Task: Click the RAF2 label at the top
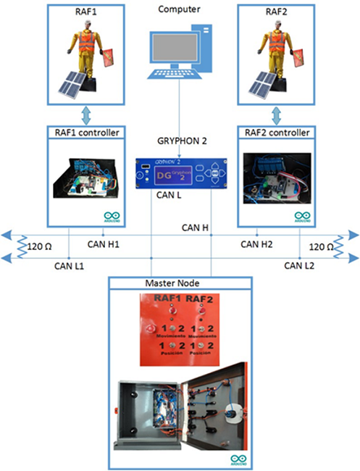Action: (275, 12)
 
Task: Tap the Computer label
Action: (179, 9)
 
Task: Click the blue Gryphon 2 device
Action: (180, 173)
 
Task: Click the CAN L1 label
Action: (71, 267)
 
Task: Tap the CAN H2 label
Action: (257, 244)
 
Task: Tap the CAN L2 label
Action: (298, 267)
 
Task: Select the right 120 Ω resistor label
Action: (324, 246)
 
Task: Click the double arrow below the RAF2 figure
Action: (275, 113)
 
